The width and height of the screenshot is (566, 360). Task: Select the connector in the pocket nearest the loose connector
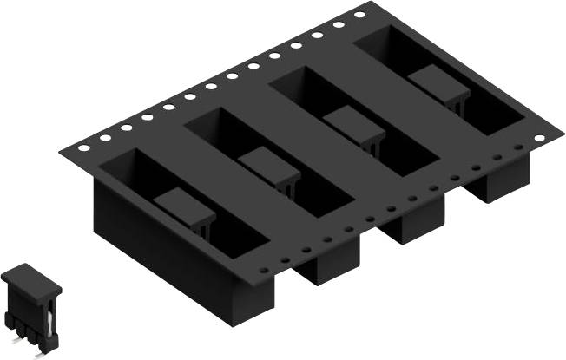point(186,208)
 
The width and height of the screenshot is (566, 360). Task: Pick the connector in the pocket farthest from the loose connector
point(439,88)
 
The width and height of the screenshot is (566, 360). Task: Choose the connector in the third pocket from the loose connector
point(354,127)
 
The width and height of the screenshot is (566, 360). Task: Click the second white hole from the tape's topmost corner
point(339,25)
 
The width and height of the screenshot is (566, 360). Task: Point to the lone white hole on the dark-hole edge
point(539,139)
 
